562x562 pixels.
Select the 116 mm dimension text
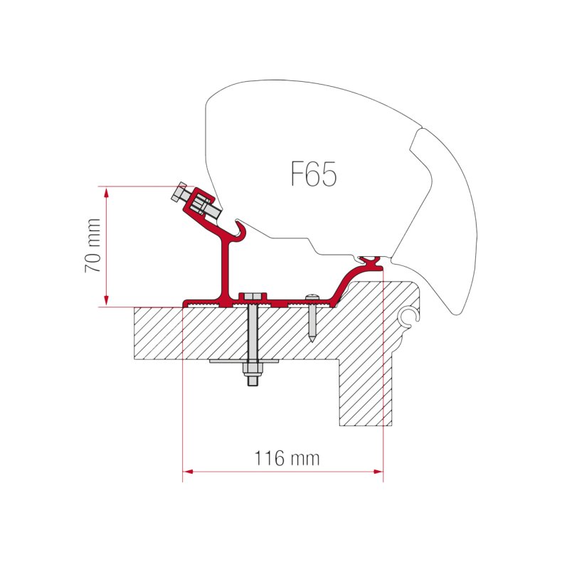coord(287,458)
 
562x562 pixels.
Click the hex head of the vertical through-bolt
coord(252,296)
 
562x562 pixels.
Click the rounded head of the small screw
coord(311,297)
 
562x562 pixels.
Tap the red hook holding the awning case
coord(240,231)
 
